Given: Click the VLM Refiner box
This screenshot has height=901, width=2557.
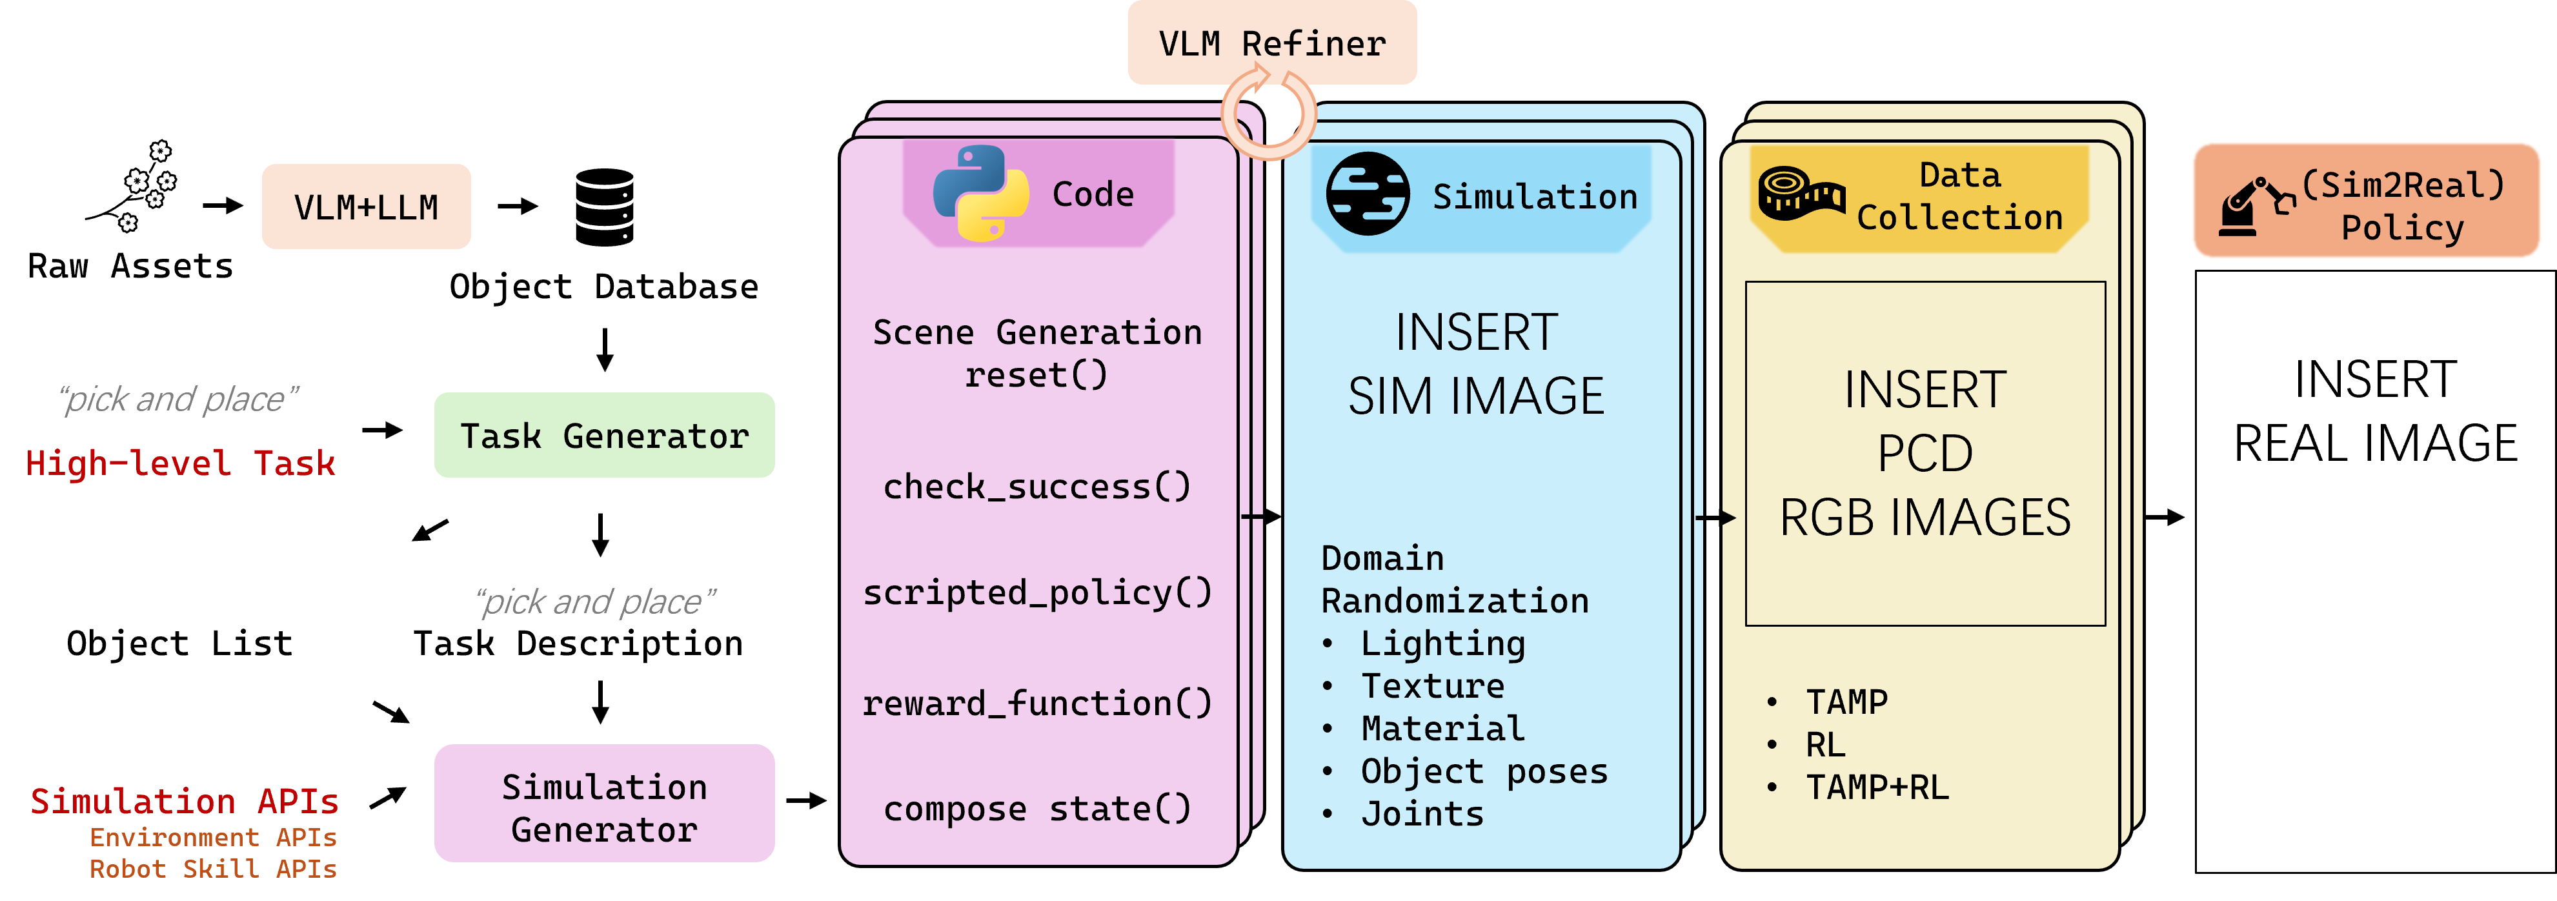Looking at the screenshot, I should click(x=1271, y=43).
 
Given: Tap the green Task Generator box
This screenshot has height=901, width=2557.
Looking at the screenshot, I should click(x=603, y=436).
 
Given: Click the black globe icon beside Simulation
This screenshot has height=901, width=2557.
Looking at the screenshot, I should click(x=1367, y=194).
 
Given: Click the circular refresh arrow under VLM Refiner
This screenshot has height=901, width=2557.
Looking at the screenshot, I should click(x=1269, y=114).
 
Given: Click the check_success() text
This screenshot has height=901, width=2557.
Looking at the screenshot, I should click(x=1036, y=486).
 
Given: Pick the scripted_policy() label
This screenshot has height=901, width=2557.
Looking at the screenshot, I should click(x=1036, y=592).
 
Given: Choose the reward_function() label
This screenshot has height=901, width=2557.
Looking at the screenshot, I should click(x=1036, y=704).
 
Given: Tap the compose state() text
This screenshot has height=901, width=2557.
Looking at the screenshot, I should click(x=1036, y=809).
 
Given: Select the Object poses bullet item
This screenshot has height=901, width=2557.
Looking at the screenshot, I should click(x=1483, y=771).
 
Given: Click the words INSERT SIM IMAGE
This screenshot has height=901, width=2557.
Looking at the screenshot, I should click(x=1475, y=364).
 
